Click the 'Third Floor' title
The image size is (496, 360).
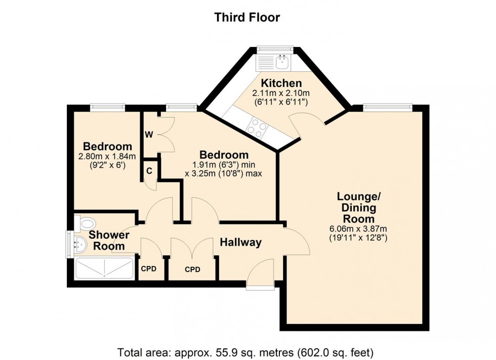tap(247, 17)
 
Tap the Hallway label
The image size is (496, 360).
tap(240, 243)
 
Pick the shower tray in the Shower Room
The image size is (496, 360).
tap(104, 267)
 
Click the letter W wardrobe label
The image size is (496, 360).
tap(149, 134)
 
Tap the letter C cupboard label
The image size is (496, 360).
tap(149, 170)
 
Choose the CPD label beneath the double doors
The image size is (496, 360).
tap(192, 269)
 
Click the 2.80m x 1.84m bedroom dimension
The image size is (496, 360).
tap(107, 156)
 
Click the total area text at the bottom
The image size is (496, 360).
tap(247, 351)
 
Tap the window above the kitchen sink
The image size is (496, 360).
tap(274, 49)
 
